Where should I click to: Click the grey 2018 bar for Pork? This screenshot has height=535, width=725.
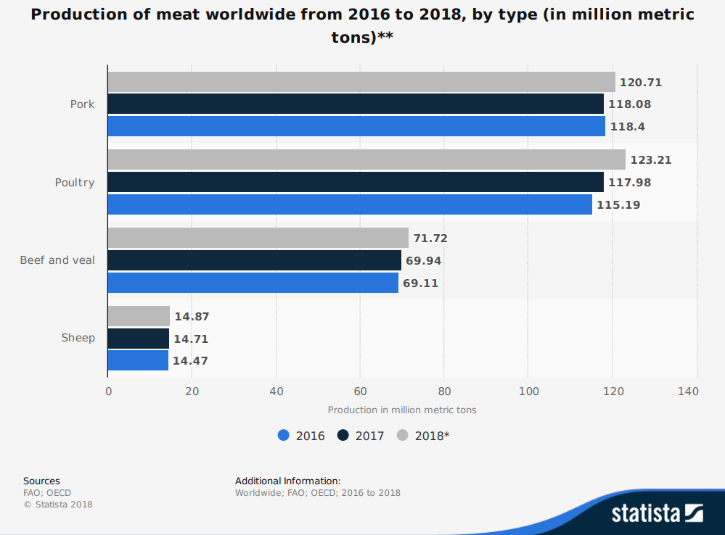coord(361,82)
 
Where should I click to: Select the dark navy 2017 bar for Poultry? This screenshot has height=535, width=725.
coord(356,182)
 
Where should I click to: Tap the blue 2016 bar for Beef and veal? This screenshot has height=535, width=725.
coord(253,283)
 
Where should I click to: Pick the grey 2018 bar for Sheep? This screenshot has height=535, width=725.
coord(139,316)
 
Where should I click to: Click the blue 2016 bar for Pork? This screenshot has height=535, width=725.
coord(356,126)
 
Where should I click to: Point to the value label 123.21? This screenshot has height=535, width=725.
coord(651,160)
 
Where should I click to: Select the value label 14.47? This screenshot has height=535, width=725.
coord(190,360)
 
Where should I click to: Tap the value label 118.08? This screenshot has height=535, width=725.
coord(629,104)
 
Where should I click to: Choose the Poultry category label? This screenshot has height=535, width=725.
coord(75,183)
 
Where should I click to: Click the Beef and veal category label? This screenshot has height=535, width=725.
coord(57,260)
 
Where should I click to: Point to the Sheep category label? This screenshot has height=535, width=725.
coord(78,338)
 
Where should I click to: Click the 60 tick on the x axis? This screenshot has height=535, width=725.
coord(360,391)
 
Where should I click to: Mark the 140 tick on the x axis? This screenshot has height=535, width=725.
coord(688,391)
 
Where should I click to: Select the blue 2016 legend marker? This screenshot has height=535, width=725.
coord(284,436)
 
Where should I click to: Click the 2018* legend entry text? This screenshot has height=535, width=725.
coord(432,436)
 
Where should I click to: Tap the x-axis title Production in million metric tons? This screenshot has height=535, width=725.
coord(402,410)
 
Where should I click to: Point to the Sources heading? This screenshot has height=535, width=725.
coord(41,481)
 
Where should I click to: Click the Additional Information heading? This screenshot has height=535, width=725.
coord(287,481)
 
